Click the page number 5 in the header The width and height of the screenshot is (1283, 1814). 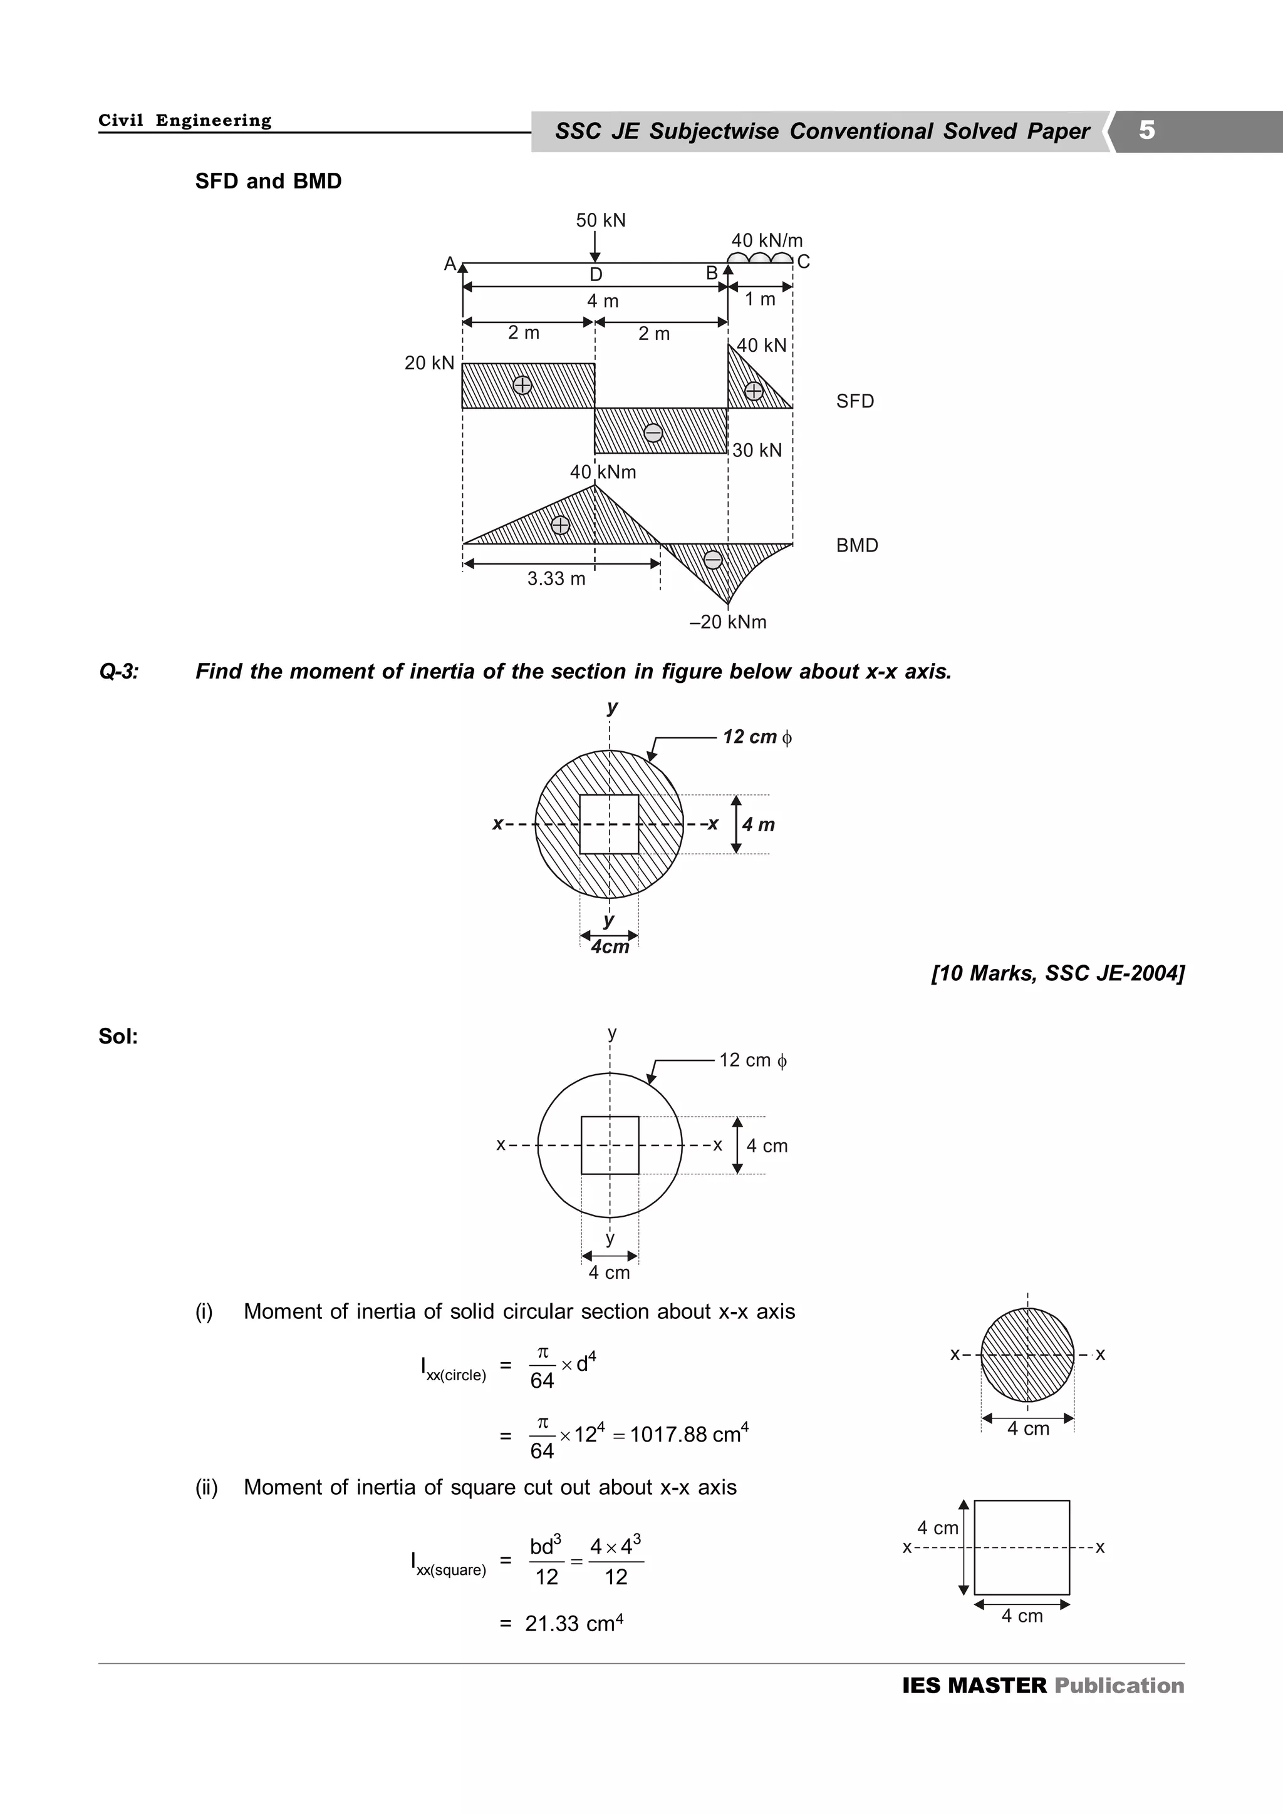point(1146,130)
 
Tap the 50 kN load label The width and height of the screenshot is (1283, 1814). point(601,220)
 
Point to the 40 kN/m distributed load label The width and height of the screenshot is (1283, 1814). point(767,240)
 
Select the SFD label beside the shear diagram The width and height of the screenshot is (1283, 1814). point(855,401)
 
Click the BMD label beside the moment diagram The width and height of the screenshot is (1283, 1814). point(857,546)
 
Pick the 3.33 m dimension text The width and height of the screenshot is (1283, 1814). point(556,579)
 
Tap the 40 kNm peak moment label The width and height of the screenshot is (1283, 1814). point(603,473)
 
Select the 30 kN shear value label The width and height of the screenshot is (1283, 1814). point(757,450)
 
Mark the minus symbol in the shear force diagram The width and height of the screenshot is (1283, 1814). point(653,433)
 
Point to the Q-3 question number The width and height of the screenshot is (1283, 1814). point(118,672)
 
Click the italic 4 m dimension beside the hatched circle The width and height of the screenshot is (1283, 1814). point(758,825)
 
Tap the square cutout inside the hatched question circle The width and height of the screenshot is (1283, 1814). point(609,824)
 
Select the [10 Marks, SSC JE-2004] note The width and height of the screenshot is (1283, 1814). point(1057,973)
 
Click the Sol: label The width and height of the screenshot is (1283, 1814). point(118,1037)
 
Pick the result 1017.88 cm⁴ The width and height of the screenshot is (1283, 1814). point(688,1434)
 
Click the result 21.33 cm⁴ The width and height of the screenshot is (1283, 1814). point(574,1624)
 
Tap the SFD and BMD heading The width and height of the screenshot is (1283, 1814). point(269,182)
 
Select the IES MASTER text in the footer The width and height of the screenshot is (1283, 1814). point(974,1685)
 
